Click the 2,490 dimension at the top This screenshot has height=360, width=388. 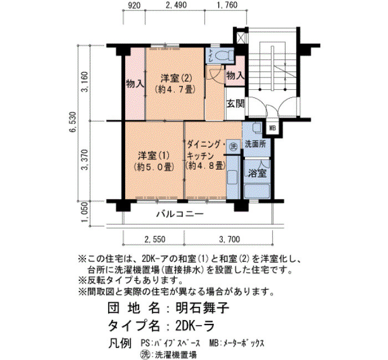point(176,5)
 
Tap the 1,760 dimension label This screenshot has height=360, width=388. point(227,5)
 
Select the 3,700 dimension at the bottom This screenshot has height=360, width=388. point(229,239)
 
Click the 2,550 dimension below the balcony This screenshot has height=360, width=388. point(155,239)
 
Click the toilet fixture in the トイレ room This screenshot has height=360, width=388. point(224,55)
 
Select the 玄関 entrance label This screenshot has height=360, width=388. point(236,104)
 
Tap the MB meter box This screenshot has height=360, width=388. point(273,128)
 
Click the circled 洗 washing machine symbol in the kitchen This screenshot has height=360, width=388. point(233,146)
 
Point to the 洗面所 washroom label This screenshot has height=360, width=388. point(256,144)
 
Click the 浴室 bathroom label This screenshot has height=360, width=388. point(258,173)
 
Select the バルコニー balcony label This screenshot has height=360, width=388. point(180,213)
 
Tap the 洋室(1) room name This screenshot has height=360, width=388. point(154,156)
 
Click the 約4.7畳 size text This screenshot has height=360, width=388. point(175,89)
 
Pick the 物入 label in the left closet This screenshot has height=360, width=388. point(135,84)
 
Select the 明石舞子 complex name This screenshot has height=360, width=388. point(203,308)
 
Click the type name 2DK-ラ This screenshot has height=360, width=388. point(195,326)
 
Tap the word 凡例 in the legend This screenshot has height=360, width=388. point(120,344)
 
